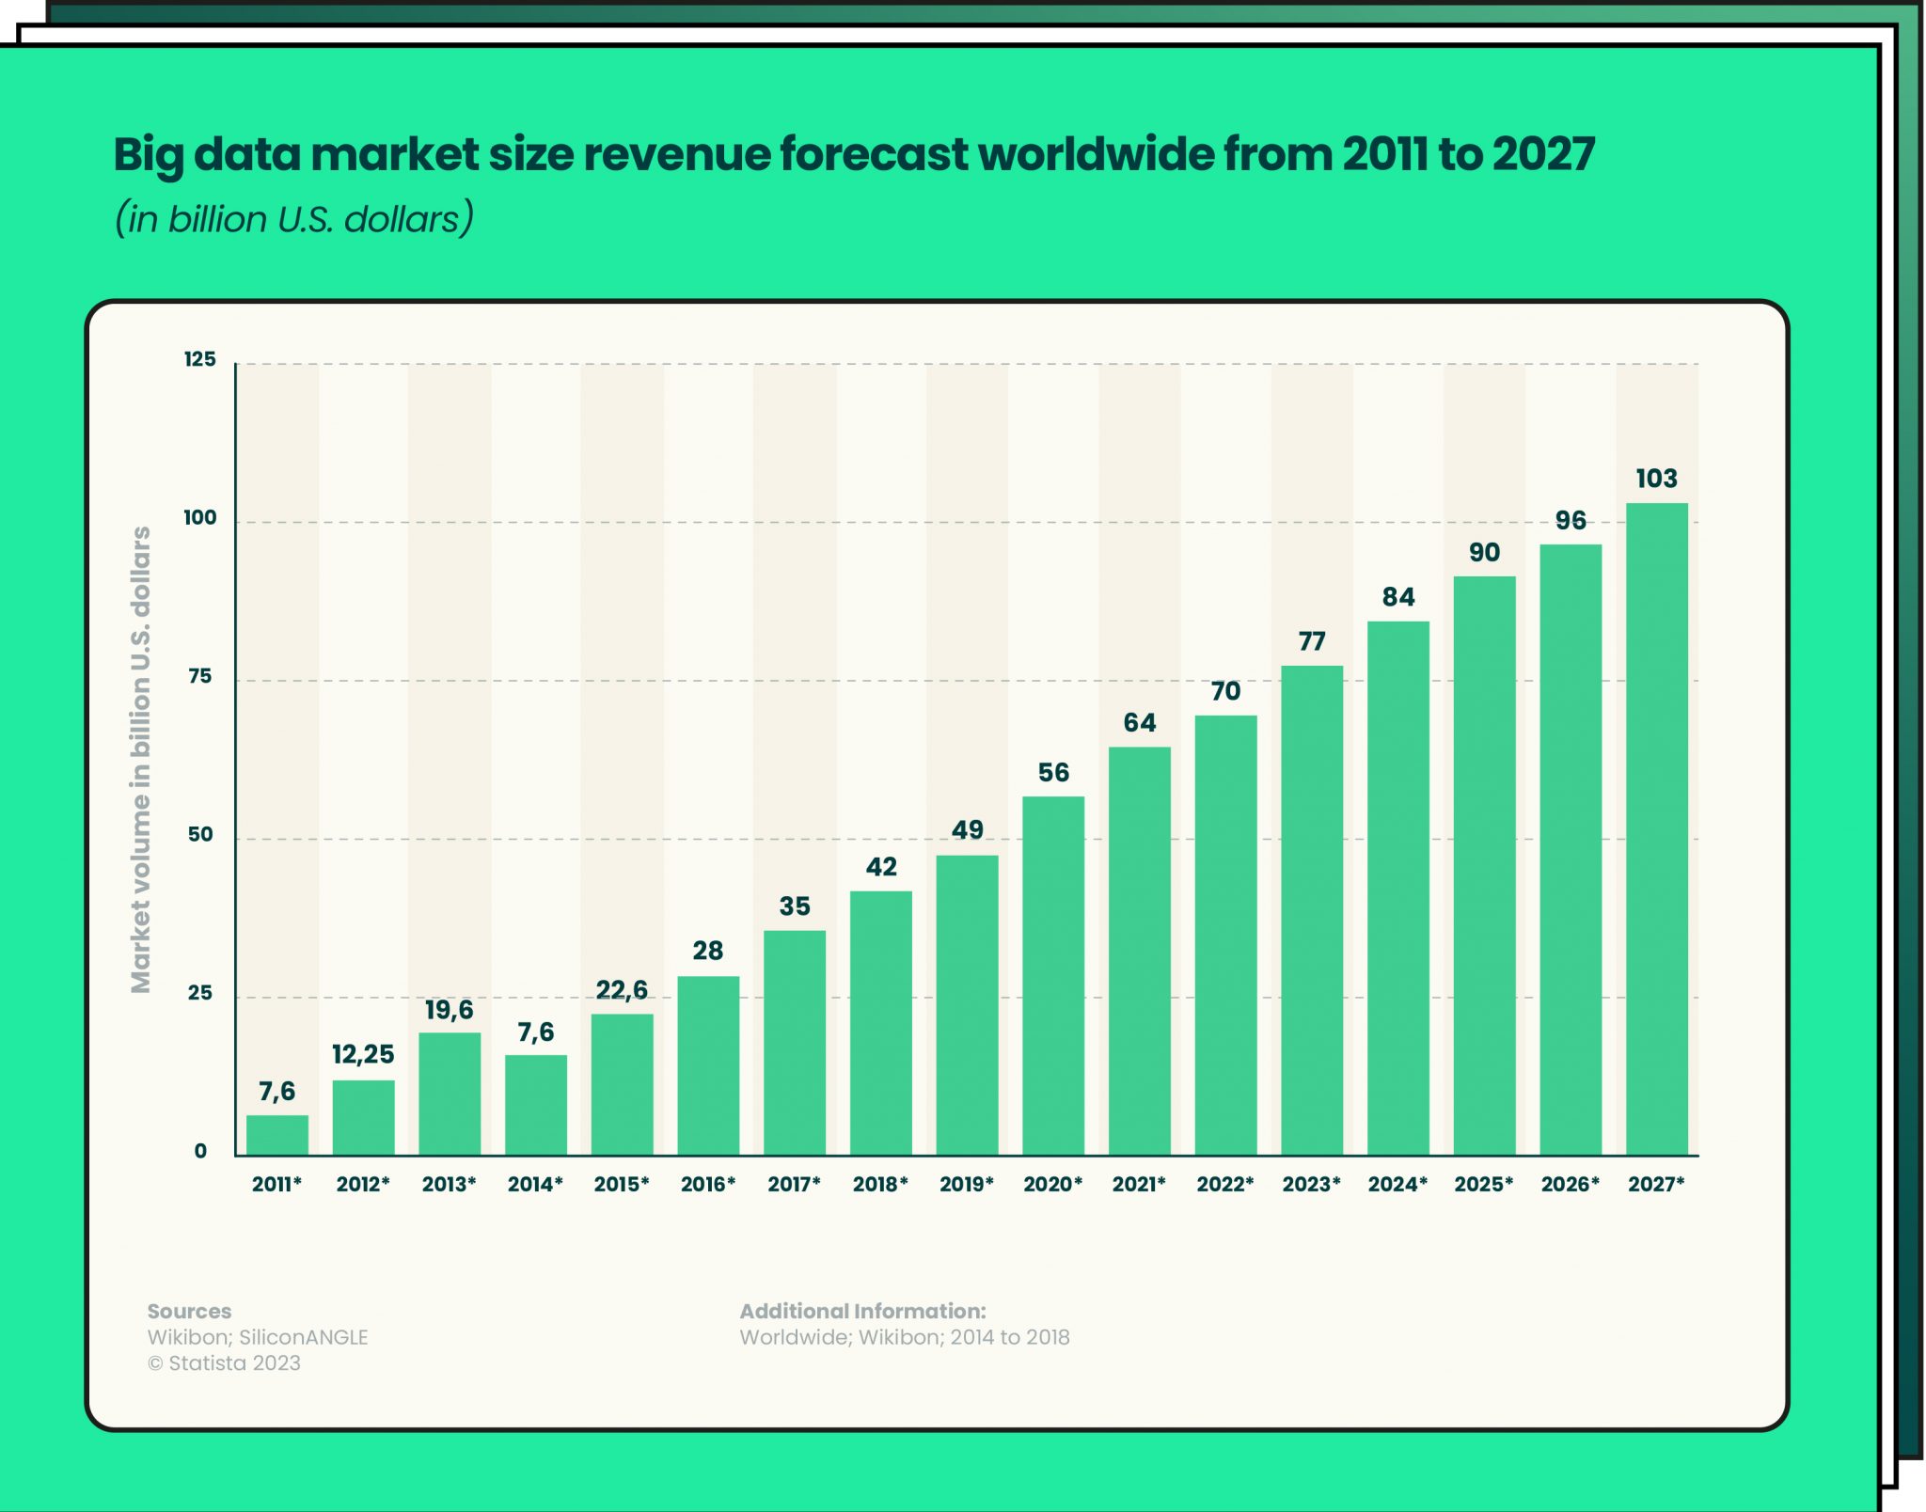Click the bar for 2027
click(1656, 828)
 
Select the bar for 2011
click(277, 1135)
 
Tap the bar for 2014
click(536, 1105)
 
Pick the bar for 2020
click(1053, 975)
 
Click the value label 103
click(1656, 479)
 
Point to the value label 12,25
click(363, 1054)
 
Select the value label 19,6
click(449, 1010)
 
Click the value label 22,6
click(622, 989)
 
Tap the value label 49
click(967, 830)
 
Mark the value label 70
click(1225, 691)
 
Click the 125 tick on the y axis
click(199, 359)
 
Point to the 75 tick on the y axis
click(199, 676)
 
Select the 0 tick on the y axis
click(200, 1151)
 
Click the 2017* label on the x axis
click(794, 1184)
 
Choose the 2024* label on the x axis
click(1397, 1184)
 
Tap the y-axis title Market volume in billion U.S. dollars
click(141, 759)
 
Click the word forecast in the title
click(874, 154)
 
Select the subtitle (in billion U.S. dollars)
click(294, 219)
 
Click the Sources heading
click(189, 1311)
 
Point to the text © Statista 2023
click(224, 1362)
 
